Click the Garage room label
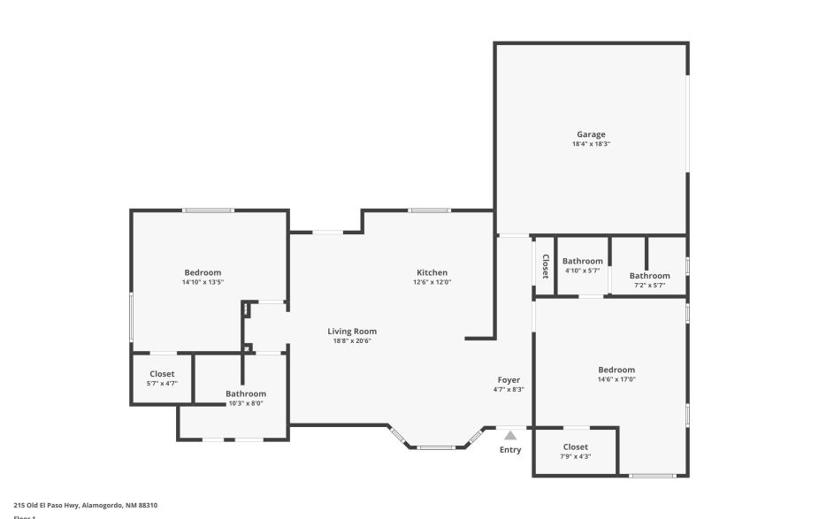click(x=591, y=134)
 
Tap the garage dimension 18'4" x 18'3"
click(x=591, y=144)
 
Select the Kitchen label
click(x=432, y=272)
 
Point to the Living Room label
click(x=352, y=332)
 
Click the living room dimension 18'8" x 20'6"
click(x=352, y=341)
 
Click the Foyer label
click(x=509, y=379)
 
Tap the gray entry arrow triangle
click(x=510, y=435)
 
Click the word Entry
click(x=510, y=450)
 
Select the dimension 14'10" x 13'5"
click(x=203, y=283)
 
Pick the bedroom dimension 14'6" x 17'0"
click(x=616, y=379)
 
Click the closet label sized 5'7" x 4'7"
click(x=162, y=374)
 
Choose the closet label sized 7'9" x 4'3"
click(x=575, y=447)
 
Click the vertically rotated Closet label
click(x=545, y=266)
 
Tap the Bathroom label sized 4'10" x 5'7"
click(x=582, y=261)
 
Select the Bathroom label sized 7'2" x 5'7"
click(x=649, y=275)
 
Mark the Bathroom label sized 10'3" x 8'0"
click(x=245, y=393)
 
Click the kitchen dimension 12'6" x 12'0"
click(x=432, y=283)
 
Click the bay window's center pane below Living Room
click(x=435, y=447)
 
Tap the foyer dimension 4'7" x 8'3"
click(x=509, y=389)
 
